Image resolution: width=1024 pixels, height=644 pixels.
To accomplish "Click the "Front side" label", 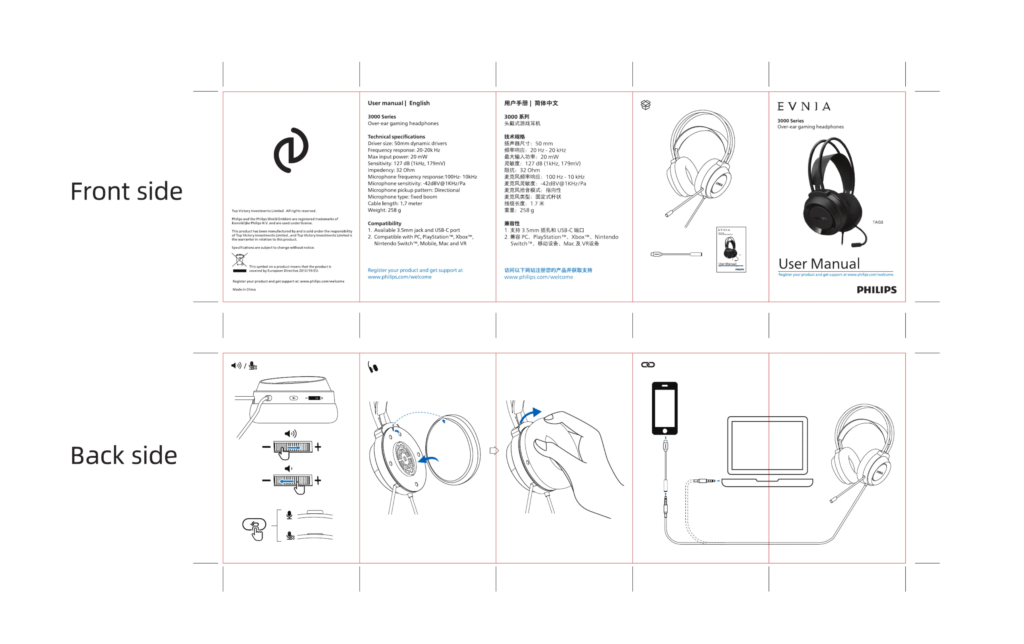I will tap(126, 191).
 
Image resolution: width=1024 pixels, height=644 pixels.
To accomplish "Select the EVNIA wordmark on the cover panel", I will tap(803, 106).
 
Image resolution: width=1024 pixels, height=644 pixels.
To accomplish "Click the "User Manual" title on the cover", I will tap(818, 264).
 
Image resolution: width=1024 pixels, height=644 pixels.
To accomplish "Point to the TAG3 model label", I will tap(877, 222).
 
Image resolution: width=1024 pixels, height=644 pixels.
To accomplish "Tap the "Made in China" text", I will tap(244, 289).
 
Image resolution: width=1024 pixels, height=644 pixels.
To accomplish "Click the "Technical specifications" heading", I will tap(396, 137).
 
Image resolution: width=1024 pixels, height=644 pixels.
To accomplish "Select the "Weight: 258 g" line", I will tap(384, 210).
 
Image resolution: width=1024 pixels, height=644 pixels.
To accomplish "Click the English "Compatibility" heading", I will tap(384, 223).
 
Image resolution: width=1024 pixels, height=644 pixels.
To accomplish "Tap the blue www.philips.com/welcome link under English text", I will tap(399, 277).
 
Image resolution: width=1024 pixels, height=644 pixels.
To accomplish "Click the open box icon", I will tap(645, 105).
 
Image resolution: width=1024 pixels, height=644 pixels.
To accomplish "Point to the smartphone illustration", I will tap(664, 408).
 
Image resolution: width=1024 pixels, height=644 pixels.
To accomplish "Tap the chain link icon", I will tap(648, 365).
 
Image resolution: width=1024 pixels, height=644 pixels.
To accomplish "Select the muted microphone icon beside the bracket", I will tap(290, 536).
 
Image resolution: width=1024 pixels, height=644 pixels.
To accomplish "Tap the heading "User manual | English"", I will tap(399, 103).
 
